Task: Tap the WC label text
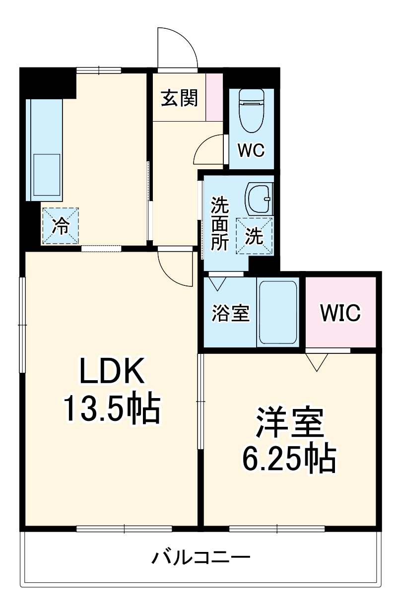click(x=251, y=150)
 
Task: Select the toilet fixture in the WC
click(x=252, y=111)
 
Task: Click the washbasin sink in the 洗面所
click(x=259, y=198)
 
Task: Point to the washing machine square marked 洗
click(x=255, y=236)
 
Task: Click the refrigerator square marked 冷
click(x=61, y=226)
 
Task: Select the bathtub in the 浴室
click(x=278, y=312)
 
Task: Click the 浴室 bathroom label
click(x=231, y=313)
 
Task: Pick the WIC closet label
click(x=340, y=313)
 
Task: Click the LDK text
click(x=112, y=371)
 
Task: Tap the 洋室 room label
click(x=290, y=425)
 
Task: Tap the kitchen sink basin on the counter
click(x=47, y=175)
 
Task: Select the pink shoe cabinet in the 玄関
click(x=214, y=97)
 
